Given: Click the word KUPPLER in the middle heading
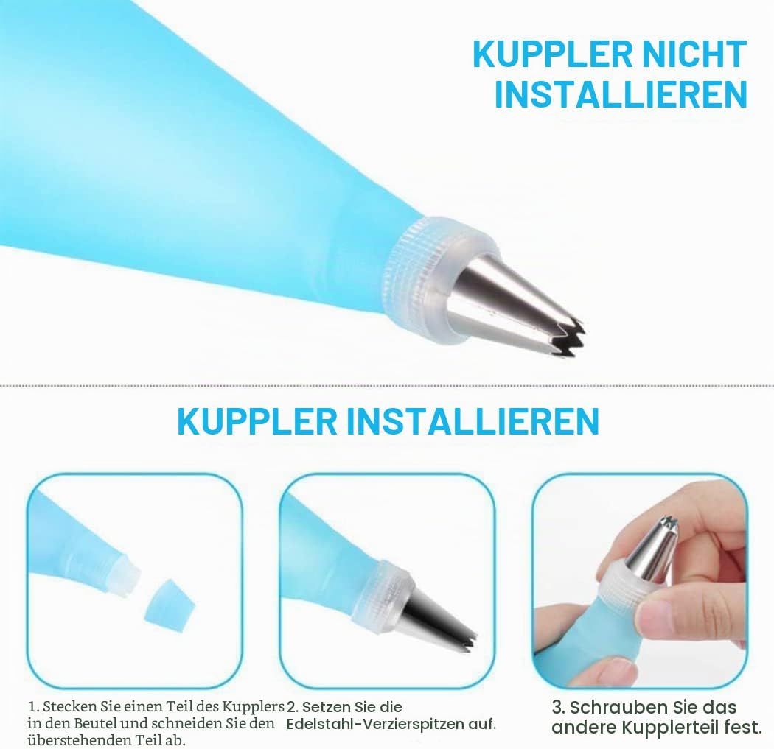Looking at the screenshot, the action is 257,421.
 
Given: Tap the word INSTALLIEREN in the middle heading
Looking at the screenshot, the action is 473,421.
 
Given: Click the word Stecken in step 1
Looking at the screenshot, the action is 71,706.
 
